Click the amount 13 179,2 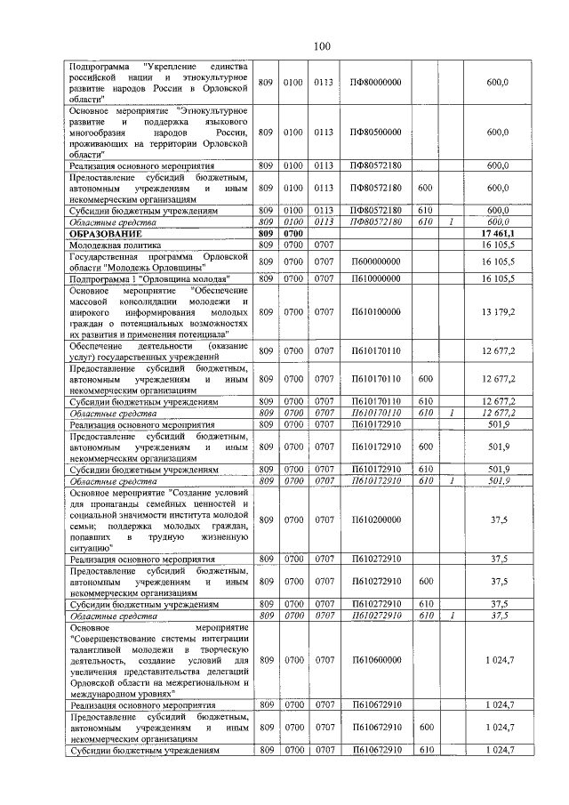click(x=498, y=312)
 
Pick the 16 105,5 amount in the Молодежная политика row click(x=498, y=243)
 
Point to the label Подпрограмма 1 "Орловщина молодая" click(x=143, y=278)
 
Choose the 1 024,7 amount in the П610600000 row click(x=498, y=659)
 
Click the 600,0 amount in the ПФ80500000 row click(x=498, y=132)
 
